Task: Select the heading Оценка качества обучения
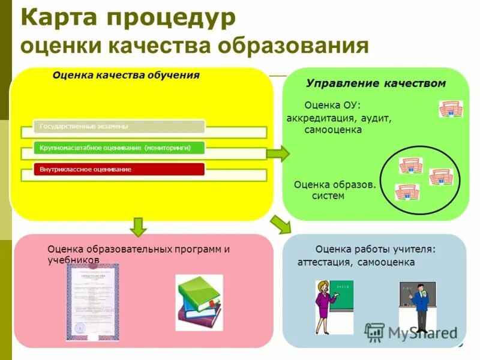(x=125, y=76)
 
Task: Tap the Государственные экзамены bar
(x=118, y=127)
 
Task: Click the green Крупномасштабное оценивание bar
(x=118, y=148)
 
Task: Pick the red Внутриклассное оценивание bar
(x=118, y=169)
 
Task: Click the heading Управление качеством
(x=376, y=83)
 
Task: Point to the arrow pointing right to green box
(x=277, y=154)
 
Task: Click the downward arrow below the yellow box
(x=139, y=227)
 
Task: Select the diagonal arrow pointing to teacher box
(x=280, y=224)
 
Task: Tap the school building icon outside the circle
(x=450, y=109)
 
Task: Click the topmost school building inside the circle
(x=411, y=166)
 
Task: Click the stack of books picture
(x=199, y=302)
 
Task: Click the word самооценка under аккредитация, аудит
(x=333, y=130)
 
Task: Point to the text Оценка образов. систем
(x=334, y=190)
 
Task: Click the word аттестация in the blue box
(x=324, y=263)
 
